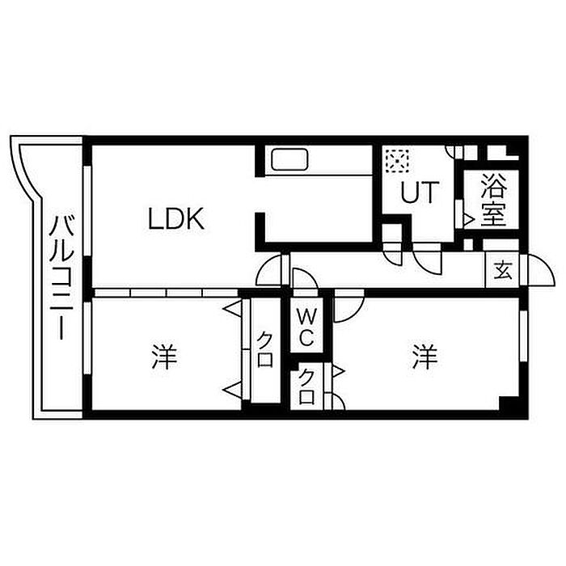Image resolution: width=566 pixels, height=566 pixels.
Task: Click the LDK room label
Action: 176,219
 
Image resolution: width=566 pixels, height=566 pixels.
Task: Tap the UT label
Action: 420,192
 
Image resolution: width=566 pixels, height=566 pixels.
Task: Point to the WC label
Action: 306,327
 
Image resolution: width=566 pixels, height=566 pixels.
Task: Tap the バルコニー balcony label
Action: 61,277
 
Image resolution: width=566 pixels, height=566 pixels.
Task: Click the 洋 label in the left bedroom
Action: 164,357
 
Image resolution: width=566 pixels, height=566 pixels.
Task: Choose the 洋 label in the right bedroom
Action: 425,357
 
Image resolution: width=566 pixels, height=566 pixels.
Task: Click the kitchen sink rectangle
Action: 289,159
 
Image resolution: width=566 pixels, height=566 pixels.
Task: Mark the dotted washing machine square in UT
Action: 397,160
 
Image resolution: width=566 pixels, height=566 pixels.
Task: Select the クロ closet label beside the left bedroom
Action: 264,349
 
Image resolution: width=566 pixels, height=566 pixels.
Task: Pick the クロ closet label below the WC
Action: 306,386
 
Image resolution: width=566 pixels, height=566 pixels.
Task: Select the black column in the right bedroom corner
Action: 509,403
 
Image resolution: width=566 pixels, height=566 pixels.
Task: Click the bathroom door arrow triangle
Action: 469,219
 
